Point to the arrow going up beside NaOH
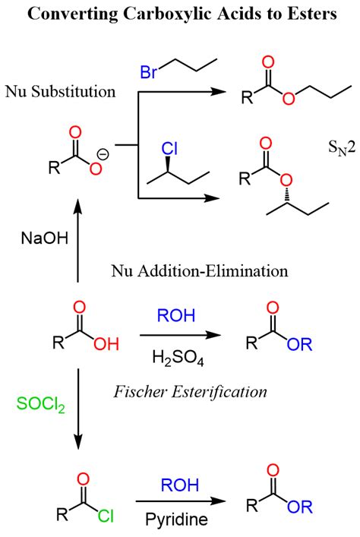tap(76, 243)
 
